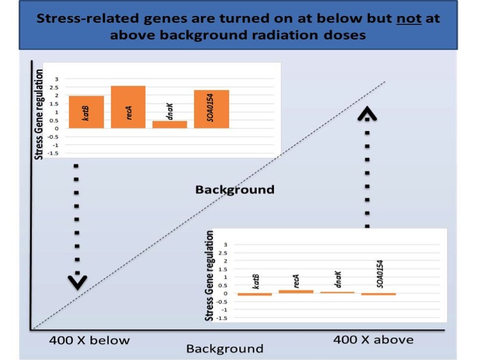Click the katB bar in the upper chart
(86, 112)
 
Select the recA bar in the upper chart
(128, 107)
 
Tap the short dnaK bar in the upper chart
(170, 125)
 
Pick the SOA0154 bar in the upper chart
(212, 109)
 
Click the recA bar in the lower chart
(296, 292)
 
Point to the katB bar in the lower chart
(255, 295)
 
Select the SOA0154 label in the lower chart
(380, 274)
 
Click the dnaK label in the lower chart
(338, 279)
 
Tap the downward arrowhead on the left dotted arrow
(77, 283)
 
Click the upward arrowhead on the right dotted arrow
(367, 113)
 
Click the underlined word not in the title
(409, 19)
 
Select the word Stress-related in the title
(88, 19)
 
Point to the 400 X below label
(90, 340)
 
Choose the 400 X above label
(374, 340)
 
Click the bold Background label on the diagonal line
(235, 190)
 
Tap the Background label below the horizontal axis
(225, 348)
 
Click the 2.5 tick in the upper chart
(54, 88)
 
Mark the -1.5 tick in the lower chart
(222, 318)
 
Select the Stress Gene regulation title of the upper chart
(38, 114)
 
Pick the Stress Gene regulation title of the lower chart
(209, 276)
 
